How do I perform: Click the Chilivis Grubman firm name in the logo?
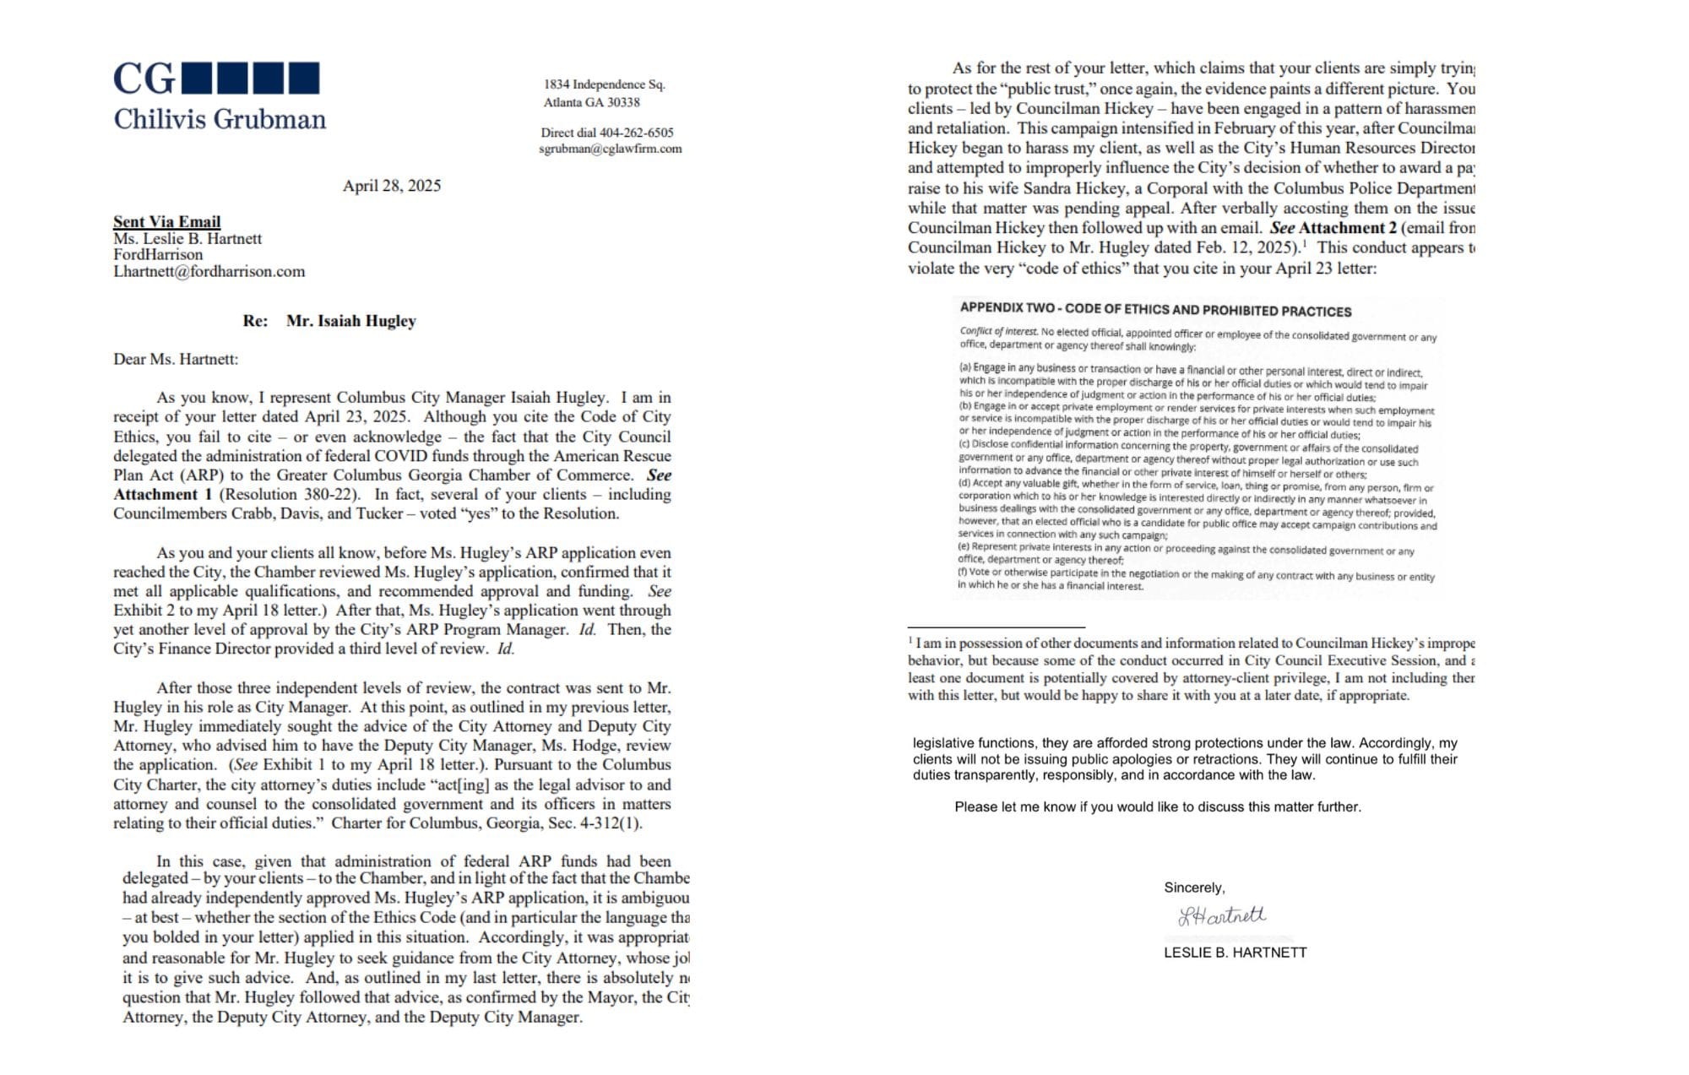pos(220,119)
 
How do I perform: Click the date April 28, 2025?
pos(391,186)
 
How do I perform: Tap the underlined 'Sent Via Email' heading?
pos(166,221)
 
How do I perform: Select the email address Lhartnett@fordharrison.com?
pos(209,272)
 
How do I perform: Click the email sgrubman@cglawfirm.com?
pos(610,149)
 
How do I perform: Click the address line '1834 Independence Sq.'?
pos(604,84)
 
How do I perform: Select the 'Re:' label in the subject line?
pos(255,321)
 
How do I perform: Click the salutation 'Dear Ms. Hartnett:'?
pos(176,359)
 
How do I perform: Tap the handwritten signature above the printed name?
pos(1222,915)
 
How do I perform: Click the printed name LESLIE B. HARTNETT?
pos(1235,953)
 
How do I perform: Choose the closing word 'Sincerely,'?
pos(1194,888)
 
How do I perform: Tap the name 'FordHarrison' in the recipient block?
pos(158,255)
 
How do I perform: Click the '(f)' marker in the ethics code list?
pos(963,573)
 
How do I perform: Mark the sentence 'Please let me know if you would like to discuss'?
pos(1157,807)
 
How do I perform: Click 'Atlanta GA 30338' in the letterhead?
pos(591,102)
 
